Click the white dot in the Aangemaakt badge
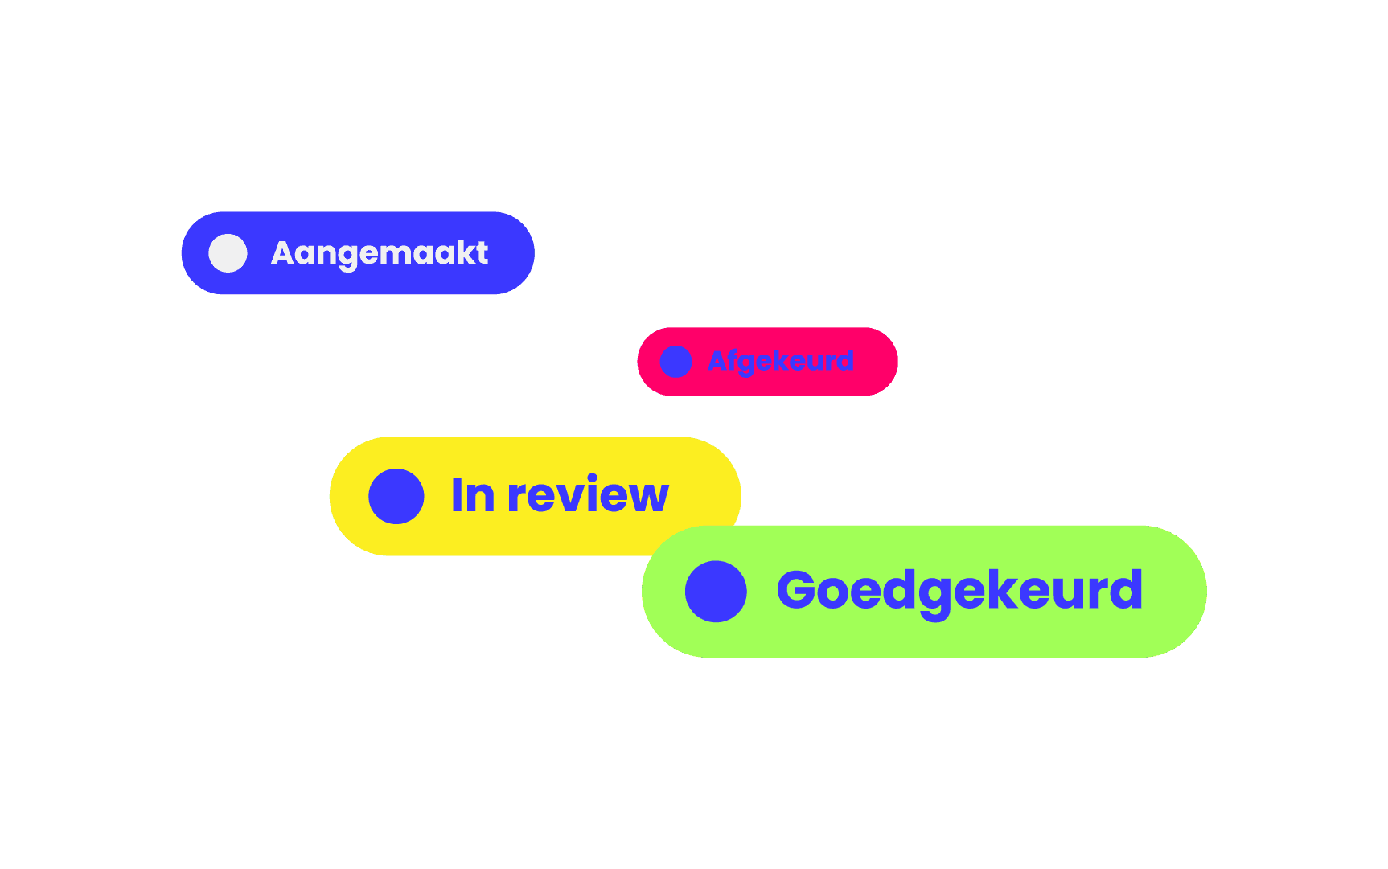pyautogui.click(x=228, y=253)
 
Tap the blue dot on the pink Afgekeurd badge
pyautogui.click(x=676, y=362)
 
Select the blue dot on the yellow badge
pyautogui.click(x=396, y=496)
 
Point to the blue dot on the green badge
pyautogui.click(x=716, y=591)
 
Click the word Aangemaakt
pyautogui.click(x=380, y=253)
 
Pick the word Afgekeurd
pyautogui.click(x=780, y=361)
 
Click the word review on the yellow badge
pyautogui.click(x=588, y=495)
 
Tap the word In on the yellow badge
pyautogui.click(x=473, y=495)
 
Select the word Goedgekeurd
pyautogui.click(x=959, y=591)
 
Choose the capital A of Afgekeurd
pyautogui.click(x=717, y=361)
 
